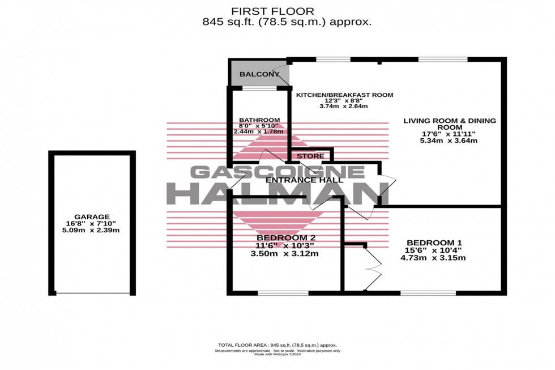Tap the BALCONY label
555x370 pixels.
click(259, 75)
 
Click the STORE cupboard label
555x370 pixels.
click(310, 156)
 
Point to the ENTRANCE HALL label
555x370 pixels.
click(304, 180)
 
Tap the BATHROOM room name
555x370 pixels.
click(259, 120)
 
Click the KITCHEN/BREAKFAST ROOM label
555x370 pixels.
click(344, 95)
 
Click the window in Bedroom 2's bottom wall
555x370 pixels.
click(283, 293)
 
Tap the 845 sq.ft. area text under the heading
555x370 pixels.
click(287, 22)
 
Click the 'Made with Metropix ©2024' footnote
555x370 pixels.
click(277, 355)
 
